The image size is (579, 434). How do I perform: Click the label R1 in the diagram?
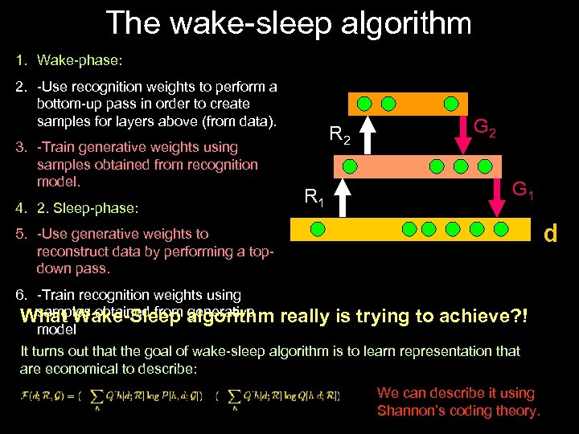click(314, 196)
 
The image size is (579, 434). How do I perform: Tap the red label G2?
click(484, 126)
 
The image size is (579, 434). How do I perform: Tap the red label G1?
click(524, 190)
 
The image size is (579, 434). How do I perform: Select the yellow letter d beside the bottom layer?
click(550, 234)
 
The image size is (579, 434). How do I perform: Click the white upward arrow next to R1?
click(342, 198)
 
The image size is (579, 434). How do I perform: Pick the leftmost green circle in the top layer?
click(364, 104)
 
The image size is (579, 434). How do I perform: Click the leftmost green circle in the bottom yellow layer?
click(318, 229)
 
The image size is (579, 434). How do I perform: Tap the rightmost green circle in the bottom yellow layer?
click(501, 229)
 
